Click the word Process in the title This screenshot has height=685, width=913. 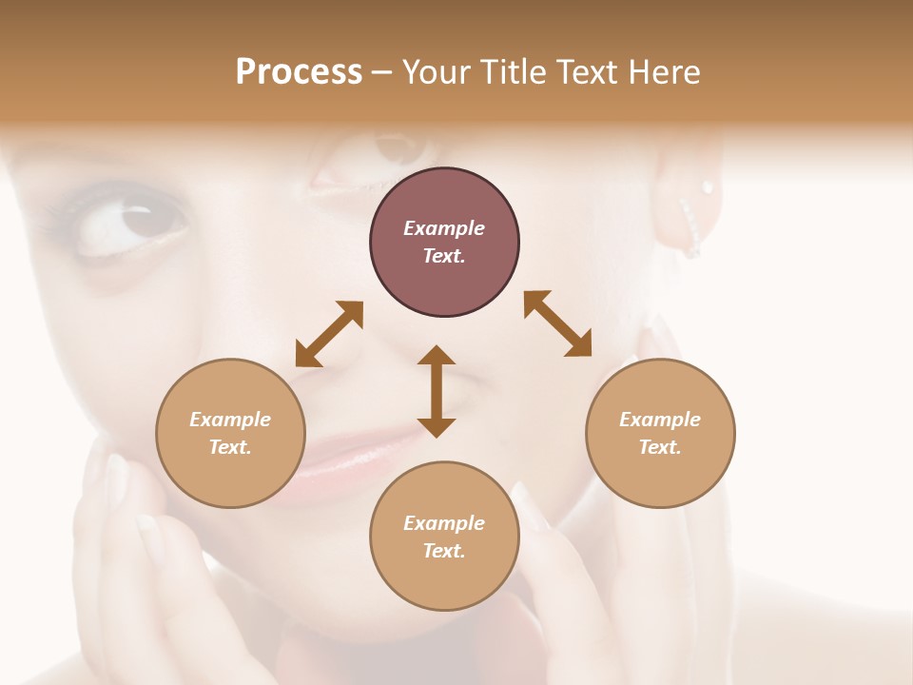click(x=299, y=72)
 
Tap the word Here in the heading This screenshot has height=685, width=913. click(x=663, y=72)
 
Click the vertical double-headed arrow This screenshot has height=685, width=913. click(x=437, y=391)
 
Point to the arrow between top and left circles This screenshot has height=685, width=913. click(x=329, y=334)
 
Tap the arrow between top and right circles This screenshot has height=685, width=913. click(x=558, y=323)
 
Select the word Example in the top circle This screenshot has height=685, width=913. click(x=444, y=228)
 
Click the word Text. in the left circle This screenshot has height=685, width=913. click(x=230, y=447)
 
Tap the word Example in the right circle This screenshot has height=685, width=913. click(x=660, y=420)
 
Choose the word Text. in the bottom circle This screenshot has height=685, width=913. click(x=444, y=551)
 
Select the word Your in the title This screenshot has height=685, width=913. click(x=437, y=72)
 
